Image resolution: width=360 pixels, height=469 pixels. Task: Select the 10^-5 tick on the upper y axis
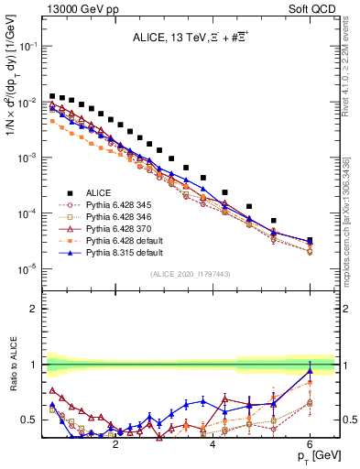[x=27, y=268]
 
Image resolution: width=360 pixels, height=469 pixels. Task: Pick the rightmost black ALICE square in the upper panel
[x=310, y=241]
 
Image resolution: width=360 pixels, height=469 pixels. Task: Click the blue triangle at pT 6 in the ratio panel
[x=310, y=371]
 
